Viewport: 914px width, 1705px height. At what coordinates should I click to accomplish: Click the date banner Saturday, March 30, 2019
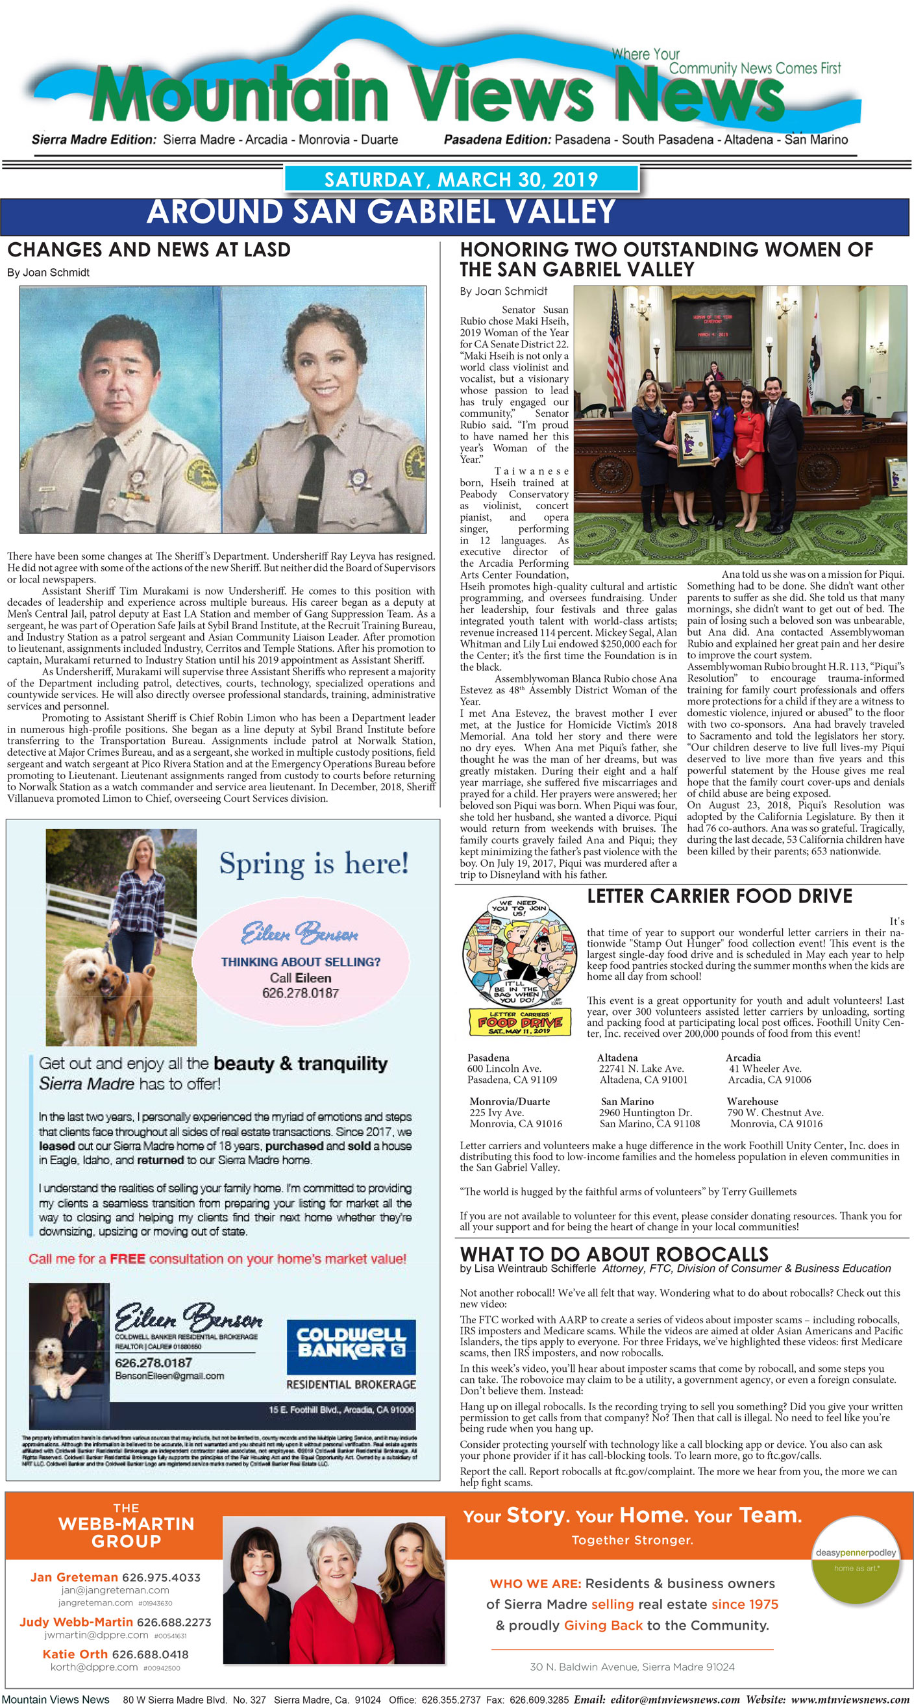point(461,179)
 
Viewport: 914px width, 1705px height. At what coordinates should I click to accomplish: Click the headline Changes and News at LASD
point(149,249)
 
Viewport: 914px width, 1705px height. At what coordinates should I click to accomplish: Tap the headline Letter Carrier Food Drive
point(719,896)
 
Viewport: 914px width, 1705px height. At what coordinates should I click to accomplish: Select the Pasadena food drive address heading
point(488,1058)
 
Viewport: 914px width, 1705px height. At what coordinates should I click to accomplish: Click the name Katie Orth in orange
point(75,1654)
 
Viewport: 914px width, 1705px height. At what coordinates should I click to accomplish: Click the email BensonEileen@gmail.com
point(169,1376)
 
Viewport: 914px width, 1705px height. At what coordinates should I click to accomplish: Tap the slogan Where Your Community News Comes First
point(725,62)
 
